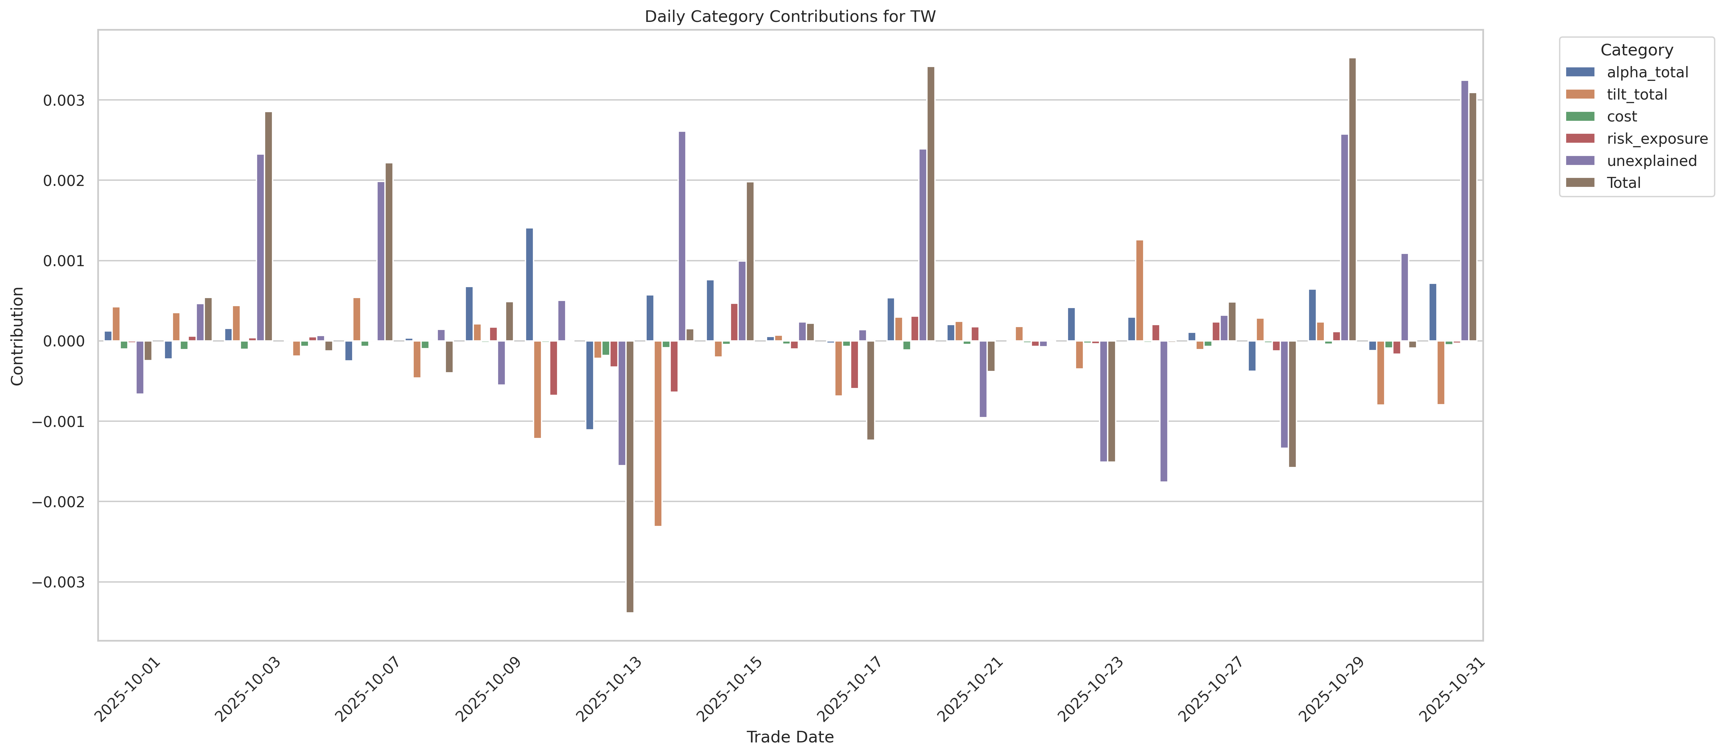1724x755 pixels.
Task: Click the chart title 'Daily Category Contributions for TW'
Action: [x=790, y=17]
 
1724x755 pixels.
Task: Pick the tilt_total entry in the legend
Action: [x=1616, y=94]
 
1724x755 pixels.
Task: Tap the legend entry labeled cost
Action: [x=1602, y=116]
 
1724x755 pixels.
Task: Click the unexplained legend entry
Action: [x=1631, y=161]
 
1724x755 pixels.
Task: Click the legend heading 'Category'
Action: [x=1636, y=50]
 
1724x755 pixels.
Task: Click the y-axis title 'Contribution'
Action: [x=17, y=336]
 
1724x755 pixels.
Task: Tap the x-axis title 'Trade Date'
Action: [x=790, y=737]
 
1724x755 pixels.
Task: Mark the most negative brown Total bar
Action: [x=630, y=477]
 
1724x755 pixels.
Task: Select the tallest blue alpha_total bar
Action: [x=529, y=285]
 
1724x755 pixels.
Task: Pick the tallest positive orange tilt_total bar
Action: [x=1140, y=290]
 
